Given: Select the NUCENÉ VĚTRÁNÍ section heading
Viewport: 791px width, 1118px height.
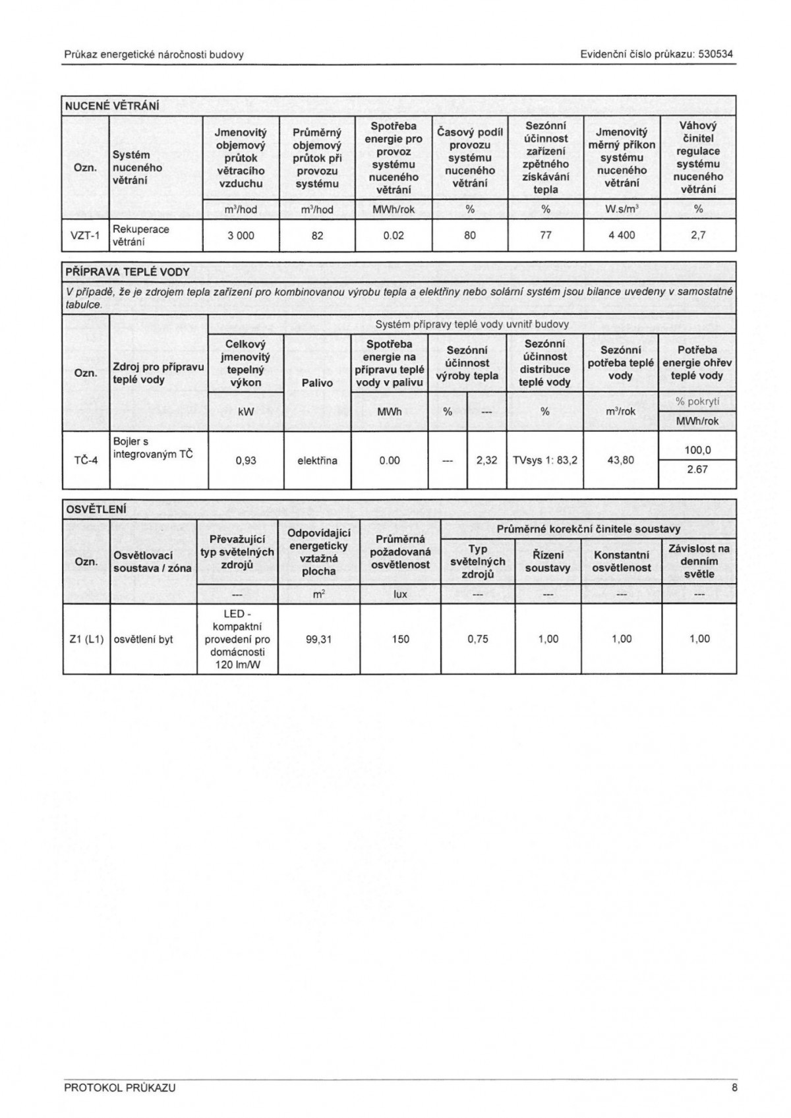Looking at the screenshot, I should [x=111, y=106].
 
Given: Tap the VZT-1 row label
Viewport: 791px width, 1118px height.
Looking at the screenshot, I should [x=85, y=236].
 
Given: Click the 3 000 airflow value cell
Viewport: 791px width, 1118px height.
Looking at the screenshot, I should [x=241, y=235].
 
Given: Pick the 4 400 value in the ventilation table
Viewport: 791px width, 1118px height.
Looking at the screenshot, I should [x=622, y=235].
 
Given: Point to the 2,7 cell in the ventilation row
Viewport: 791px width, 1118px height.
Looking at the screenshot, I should [x=698, y=235].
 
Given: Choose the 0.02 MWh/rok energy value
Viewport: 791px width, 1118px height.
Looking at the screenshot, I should [x=394, y=235].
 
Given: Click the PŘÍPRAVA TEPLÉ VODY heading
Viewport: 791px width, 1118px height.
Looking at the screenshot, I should [x=127, y=271].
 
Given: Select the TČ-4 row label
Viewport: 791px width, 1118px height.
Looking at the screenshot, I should [x=86, y=460].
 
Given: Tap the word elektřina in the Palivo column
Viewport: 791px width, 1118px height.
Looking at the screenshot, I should [x=317, y=461].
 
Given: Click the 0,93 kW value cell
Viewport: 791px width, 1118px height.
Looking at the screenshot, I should [x=246, y=461].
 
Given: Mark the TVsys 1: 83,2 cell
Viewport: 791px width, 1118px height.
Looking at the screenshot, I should [x=545, y=461].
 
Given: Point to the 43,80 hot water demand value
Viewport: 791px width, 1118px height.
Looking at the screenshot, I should [x=620, y=461].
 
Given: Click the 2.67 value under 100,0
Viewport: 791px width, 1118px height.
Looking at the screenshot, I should [x=697, y=470].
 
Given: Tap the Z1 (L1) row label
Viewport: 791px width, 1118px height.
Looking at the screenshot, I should [x=86, y=639].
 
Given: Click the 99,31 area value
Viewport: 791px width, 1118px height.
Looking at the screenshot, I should [x=318, y=639].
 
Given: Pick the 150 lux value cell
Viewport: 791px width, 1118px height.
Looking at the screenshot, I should [x=400, y=639].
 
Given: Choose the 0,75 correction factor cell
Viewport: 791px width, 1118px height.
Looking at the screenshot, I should [x=478, y=639].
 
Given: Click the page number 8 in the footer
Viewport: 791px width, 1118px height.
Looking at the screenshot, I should [x=734, y=1088].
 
